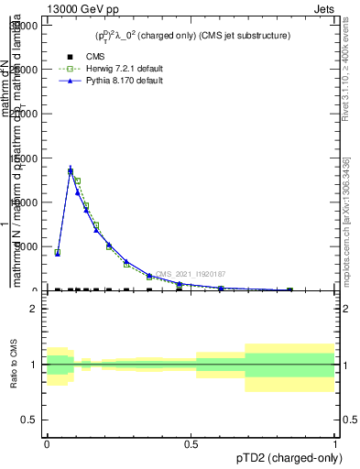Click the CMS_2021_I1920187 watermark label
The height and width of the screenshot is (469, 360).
pyautogui.click(x=191, y=274)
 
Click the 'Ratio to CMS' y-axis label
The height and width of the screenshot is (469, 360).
pyautogui.click(x=14, y=365)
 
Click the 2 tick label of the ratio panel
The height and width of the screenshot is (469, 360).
pyautogui.click(x=33, y=309)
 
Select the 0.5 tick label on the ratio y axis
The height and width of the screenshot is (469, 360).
pyautogui.click(x=29, y=420)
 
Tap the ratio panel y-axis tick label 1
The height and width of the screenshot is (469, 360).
pyautogui.click(x=33, y=365)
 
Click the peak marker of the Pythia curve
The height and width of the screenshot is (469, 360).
pyautogui.click(x=71, y=170)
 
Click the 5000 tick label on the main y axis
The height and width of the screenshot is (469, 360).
pyautogui.click(x=24, y=246)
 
